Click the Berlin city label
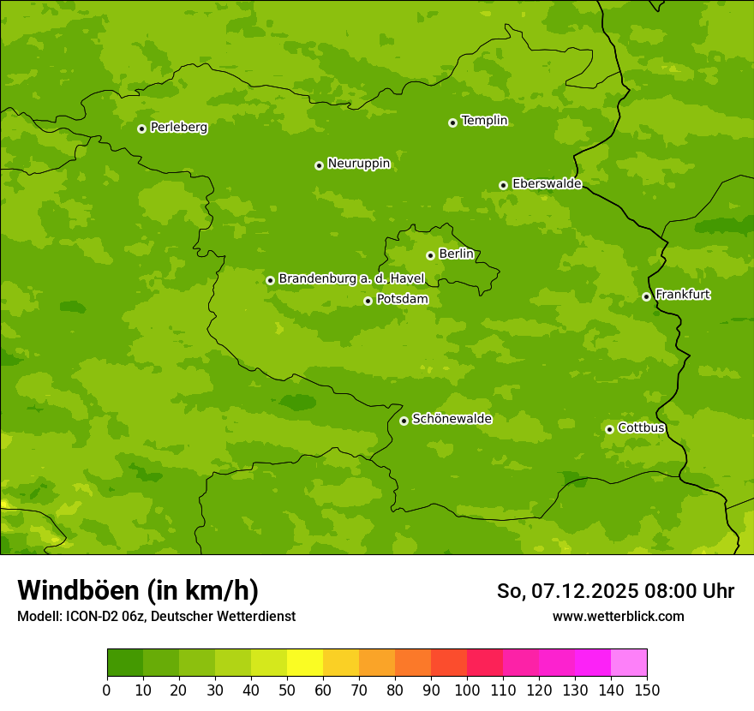(456, 254)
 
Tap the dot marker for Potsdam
(368, 301)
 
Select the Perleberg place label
(178, 128)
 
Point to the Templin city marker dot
(452, 122)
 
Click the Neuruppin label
(358, 164)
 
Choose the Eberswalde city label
(547, 183)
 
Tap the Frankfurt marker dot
(646, 296)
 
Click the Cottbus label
(641, 427)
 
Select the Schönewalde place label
(452, 419)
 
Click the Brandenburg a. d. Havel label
(351, 278)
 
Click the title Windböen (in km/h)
(138, 590)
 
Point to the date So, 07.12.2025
(566, 591)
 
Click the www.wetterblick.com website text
(618, 616)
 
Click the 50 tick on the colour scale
(287, 690)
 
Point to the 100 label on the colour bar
(467, 690)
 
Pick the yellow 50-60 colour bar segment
(305, 663)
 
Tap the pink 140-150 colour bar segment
(629, 663)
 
